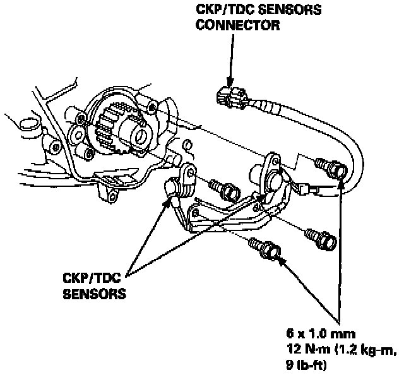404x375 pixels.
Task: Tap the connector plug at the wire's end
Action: tap(227, 95)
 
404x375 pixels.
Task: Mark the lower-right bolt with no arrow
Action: tap(320, 237)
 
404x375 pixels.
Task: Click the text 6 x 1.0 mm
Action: tap(320, 333)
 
